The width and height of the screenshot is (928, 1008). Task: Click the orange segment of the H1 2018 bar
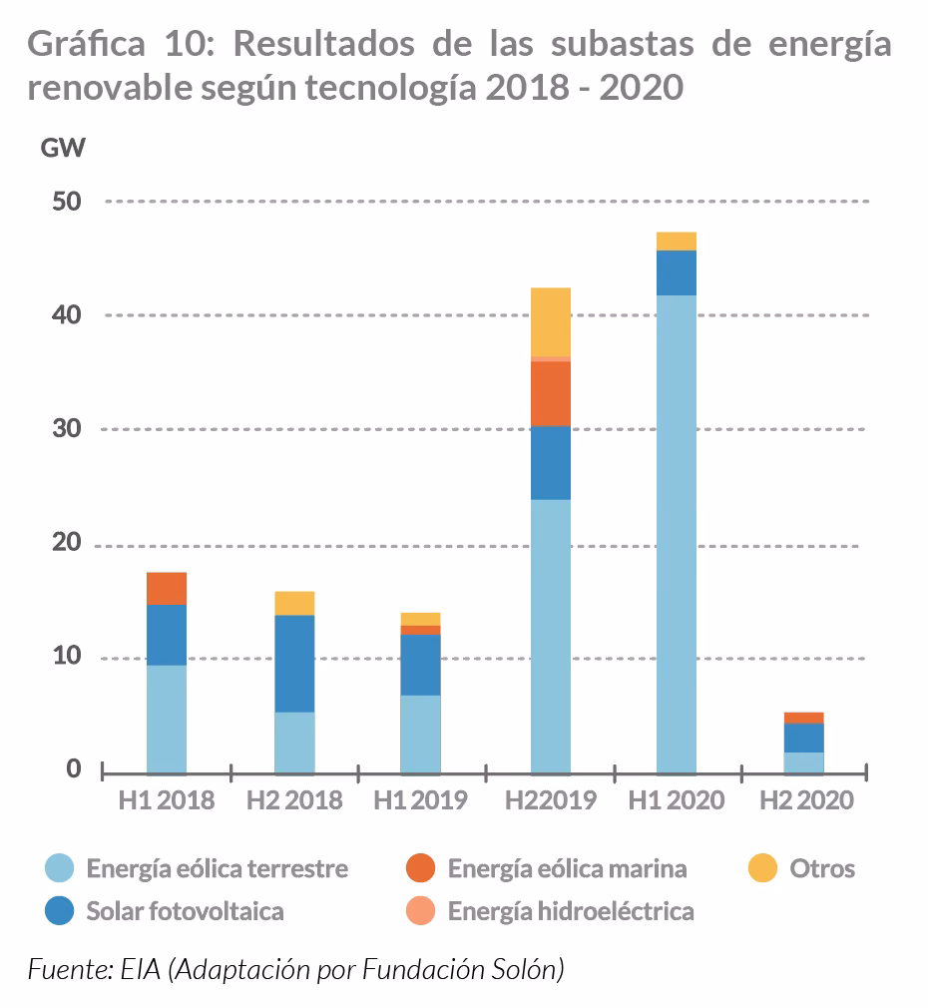167,589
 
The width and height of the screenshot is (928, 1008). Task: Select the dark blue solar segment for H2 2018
294,663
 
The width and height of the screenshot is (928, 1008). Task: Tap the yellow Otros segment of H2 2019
551,321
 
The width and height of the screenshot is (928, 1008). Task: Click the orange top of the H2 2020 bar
803,718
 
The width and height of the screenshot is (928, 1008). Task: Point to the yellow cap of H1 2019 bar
420,619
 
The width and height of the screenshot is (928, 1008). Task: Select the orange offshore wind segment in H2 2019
551,393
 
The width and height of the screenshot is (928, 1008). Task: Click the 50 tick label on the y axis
66,201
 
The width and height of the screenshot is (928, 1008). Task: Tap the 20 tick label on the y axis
66,545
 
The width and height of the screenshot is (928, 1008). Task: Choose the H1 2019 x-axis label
420,800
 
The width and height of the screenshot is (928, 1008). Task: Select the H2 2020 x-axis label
806,800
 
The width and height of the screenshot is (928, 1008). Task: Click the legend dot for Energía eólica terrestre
61,868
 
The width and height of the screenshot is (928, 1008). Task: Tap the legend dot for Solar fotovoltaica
61,911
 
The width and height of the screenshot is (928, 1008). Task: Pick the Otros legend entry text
822,868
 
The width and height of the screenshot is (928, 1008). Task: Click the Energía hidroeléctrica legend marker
422,911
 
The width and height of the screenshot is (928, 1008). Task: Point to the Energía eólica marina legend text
567,868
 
